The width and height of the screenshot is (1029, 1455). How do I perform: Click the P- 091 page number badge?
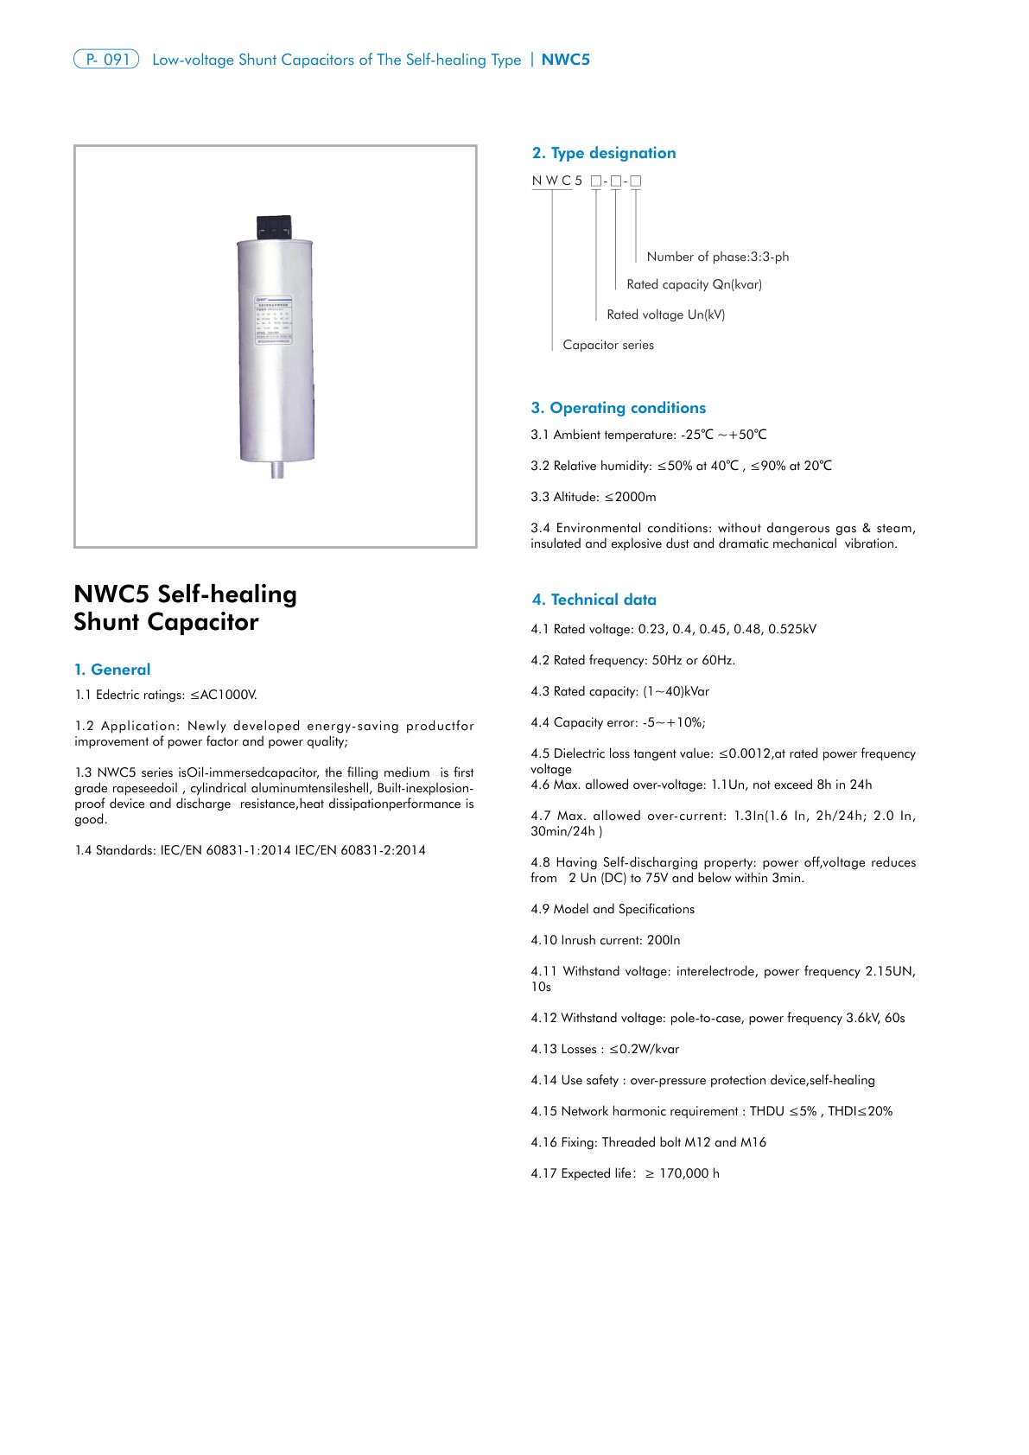tap(106, 60)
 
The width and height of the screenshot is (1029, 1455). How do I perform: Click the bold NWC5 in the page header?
tap(565, 60)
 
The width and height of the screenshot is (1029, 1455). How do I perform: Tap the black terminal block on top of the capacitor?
tap(276, 227)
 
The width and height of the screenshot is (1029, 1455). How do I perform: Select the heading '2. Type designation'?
tap(604, 153)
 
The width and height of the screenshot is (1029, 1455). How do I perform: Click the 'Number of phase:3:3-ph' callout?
tap(717, 257)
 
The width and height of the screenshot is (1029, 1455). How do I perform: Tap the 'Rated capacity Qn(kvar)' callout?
tap(694, 284)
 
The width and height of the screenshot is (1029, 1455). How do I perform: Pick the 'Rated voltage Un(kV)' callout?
tap(665, 315)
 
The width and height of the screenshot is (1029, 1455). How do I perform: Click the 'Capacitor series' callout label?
tap(608, 345)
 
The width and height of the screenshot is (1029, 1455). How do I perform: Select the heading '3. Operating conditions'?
tap(618, 408)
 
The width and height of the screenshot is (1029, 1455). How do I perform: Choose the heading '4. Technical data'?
tap(594, 600)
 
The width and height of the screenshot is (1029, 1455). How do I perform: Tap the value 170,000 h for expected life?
tap(689, 1173)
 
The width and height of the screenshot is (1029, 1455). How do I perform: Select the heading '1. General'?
tap(112, 670)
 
